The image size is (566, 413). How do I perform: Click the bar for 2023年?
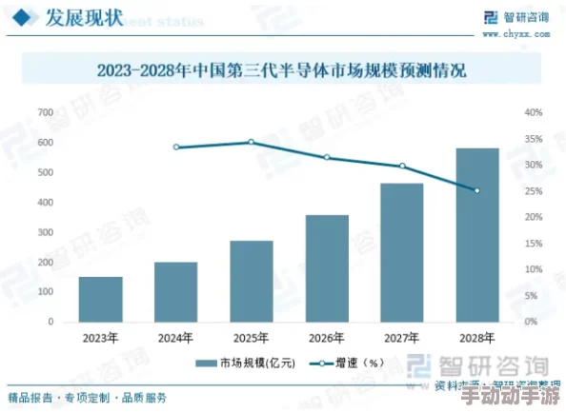tap(100, 300)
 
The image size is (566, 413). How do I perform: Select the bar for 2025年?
tap(252, 282)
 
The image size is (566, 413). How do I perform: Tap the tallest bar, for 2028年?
tap(477, 235)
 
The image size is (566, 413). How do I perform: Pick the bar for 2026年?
tap(327, 268)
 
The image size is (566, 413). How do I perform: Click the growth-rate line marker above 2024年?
tap(176, 147)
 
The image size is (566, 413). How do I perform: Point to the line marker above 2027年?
tap(402, 167)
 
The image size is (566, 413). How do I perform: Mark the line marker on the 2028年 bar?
tap(477, 190)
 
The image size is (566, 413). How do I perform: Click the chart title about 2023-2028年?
tap(282, 70)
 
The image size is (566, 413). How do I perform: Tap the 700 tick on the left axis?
tap(44, 112)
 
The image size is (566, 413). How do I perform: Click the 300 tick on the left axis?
tap(44, 232)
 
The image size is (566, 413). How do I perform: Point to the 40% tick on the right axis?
tap(533, 112)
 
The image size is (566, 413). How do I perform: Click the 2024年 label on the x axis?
tap(176, 338)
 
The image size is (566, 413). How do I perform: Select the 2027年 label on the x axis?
tap(402, 338)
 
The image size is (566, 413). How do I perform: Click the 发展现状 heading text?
tap(84, 17)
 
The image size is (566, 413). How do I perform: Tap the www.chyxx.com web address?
tap(526, 33)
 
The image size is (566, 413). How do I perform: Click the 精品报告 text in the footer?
tap(29, 397)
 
